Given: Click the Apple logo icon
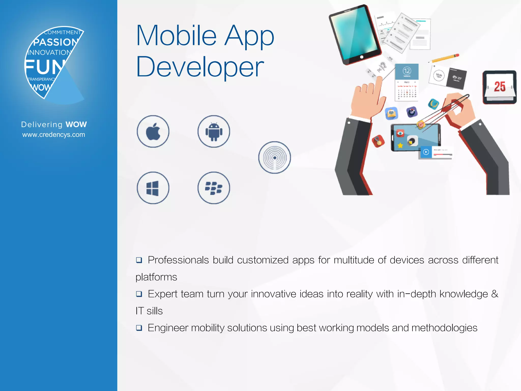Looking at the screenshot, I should (x=153, y=131).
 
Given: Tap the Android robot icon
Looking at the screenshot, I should (x=214, y=131).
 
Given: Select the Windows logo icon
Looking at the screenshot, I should (x=153, y=188).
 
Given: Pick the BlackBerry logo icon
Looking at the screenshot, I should (x=214, y=188).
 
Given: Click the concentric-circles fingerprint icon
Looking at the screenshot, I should (x=274, y=158).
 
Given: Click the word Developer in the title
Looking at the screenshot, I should (x=200, y=67).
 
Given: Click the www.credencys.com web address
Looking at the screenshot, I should (x=54, y=135).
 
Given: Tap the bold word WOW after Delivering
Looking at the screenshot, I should (x=76, y=124).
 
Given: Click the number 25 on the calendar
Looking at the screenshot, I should (x=500, y=87).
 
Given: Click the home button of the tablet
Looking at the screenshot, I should (x=361, y=57).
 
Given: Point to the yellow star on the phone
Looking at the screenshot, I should (x=400, y=146).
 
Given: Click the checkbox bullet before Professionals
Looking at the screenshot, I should (x=139, y=260).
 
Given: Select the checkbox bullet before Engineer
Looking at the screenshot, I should (x=139, y=328).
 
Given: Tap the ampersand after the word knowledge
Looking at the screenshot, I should (x=495, y=294).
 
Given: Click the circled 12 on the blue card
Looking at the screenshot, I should (x=407, y=71).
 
